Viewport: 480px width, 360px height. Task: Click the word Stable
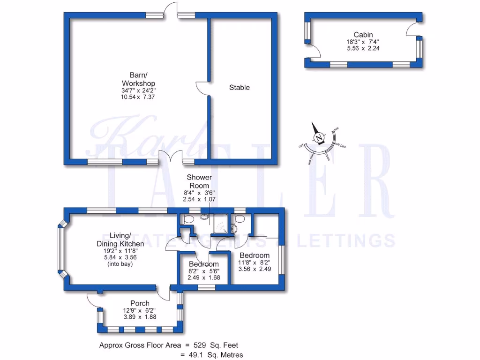[239, 87]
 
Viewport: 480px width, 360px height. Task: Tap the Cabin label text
[363, 34]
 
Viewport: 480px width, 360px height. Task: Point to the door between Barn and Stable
[202, 89]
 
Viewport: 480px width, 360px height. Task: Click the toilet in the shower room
[188, 219]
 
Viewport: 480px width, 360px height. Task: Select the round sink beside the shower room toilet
[204, 217]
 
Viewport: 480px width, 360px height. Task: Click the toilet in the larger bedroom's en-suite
[240, 219]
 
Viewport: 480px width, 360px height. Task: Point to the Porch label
[140, 303]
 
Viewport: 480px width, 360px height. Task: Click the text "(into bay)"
[120, 264]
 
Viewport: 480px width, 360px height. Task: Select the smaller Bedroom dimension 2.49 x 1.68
[203, 277]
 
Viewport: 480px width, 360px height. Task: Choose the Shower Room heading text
[199, 181]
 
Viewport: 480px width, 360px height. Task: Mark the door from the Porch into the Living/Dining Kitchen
[163, 293]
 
